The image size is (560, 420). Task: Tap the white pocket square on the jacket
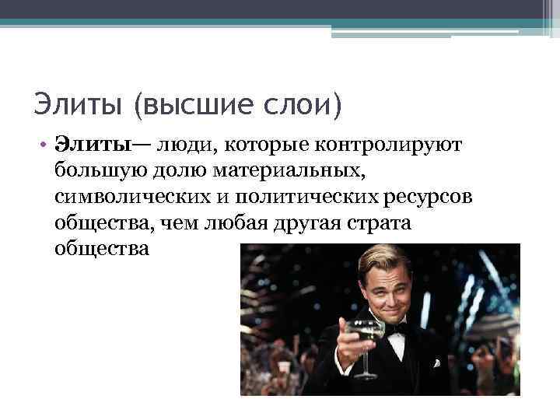tap(437, 362)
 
